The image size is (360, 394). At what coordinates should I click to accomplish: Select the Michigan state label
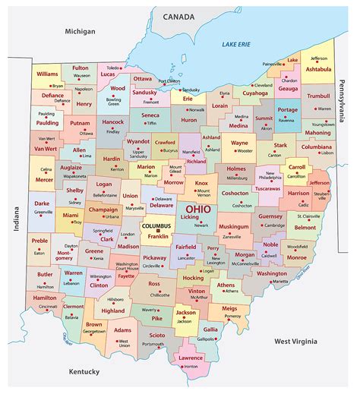[x=80, y=31]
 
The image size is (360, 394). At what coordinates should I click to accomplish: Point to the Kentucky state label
[x=84, y=371]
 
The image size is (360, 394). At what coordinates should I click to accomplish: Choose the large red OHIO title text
[x=200, y=209]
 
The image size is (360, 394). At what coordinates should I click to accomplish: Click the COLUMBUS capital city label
[x=157, y=226]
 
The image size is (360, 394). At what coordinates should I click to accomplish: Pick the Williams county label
[x=47, y=74]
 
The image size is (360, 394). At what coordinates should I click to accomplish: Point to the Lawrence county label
[x=189, y=358]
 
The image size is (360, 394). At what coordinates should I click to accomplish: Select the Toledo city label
[x=113, y=67]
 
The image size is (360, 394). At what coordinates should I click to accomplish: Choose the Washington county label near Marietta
[x=271, y=273]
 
